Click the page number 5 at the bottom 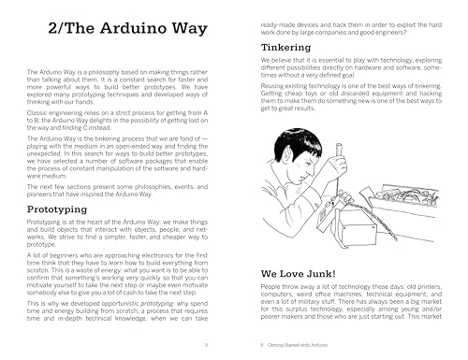pos(217,345)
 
